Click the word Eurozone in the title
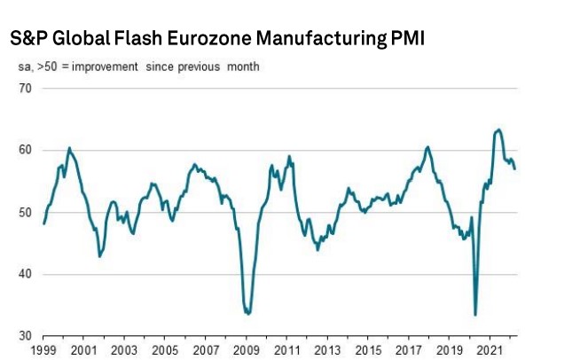pyautogui.click(x=203, y=40)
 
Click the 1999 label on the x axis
pyautogui.click(x=44, y=351)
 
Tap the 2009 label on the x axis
pyautogui.click(x=247, y=351)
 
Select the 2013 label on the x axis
pyautogui.click(x=327, y=351)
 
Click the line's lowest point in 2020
pyautogui.click(x=476, y=315)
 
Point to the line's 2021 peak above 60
pyautogui.click(x=498, y=129)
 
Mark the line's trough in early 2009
pyautogui.click(x=248, y=314)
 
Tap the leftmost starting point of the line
pyautogui.click(x=43, y=223)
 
